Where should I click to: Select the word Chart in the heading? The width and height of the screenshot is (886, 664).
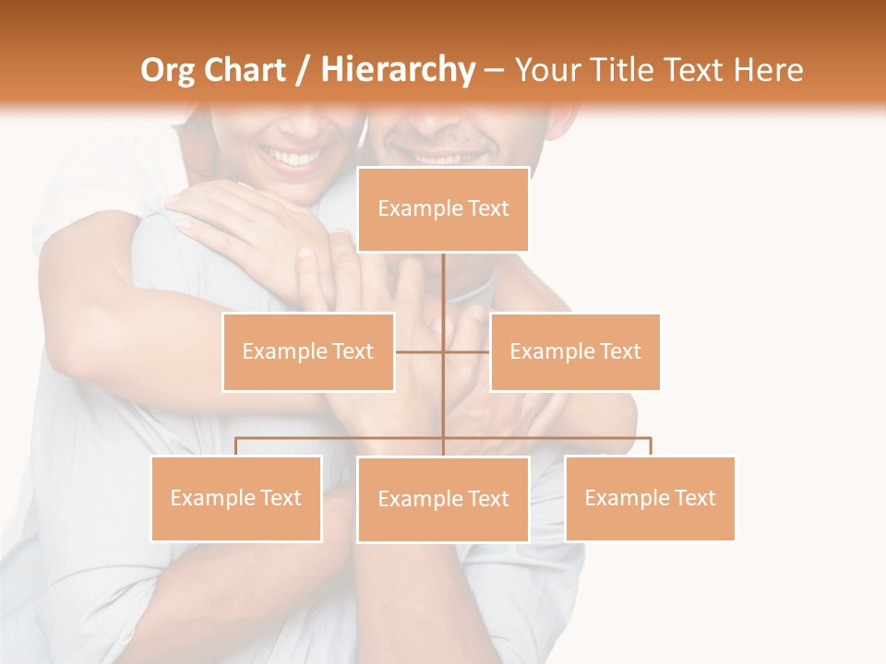pos(245,70)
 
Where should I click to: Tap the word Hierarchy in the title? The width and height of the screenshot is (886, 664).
pos(397,70)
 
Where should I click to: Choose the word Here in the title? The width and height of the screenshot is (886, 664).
pos(768,70)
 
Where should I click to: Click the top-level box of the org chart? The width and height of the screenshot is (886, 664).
pos(443,209)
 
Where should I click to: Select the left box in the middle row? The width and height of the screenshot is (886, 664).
pos(308,351)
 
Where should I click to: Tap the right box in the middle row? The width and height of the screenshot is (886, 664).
pos(575,351)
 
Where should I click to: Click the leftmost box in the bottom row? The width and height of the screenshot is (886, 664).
pos(236,498)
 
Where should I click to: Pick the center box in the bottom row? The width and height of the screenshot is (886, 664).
pos(443,499)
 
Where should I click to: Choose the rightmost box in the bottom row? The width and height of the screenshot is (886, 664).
pos(650,498)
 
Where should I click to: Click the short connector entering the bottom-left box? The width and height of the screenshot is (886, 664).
pos(236,446)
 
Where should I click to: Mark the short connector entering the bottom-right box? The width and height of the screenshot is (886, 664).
pos(651,446)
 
